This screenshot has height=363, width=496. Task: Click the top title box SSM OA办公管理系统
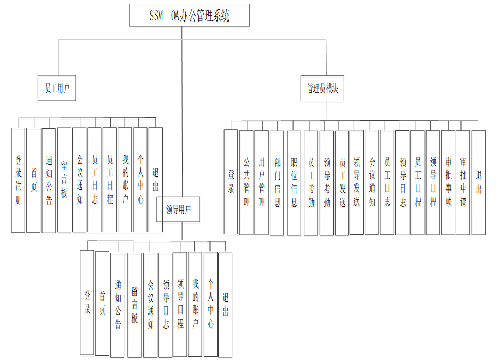point(190,16)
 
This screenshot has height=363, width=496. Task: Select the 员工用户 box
point(57,88)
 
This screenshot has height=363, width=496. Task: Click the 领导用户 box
point(178,209)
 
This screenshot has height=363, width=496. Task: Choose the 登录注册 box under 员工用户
point(18,180)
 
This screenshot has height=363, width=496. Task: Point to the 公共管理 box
point(246,182)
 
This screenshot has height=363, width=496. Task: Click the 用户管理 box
point(262,182)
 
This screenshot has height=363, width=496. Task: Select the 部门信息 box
point(277,182)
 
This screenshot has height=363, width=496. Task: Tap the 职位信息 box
point(294,182)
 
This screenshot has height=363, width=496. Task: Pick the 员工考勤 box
point(311,182)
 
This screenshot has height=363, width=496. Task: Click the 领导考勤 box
point(326,182)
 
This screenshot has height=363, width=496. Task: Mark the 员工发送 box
point(342,182)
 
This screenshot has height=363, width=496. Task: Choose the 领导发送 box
point(357,182)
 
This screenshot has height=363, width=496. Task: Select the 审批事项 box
point(448,182)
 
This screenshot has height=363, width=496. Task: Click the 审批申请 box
point(463,182)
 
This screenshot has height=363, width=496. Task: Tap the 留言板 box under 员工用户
point(64,180)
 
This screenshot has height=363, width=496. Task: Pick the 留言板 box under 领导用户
point(134,304)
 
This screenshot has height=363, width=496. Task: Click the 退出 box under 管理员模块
point(478,182)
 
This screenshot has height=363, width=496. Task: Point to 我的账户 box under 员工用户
point(125,180)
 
